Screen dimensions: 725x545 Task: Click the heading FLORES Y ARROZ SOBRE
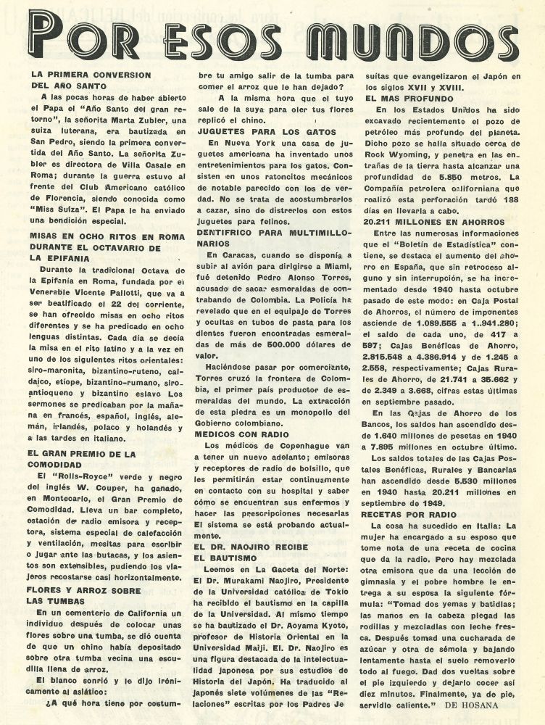tap(81, 589)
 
